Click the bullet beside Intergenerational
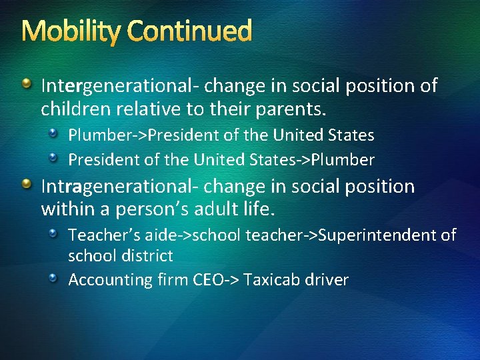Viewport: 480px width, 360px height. point(27,85)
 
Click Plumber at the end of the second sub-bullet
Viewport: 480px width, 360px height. point(345,160)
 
